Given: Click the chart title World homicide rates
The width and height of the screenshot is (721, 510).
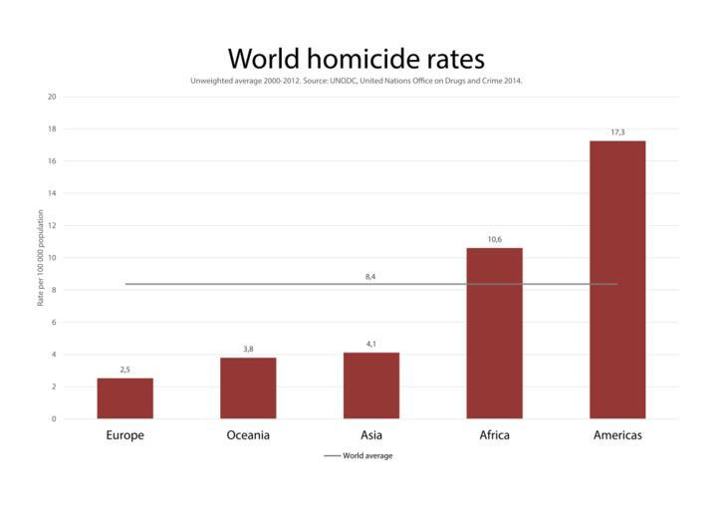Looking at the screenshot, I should [x=357, y=57].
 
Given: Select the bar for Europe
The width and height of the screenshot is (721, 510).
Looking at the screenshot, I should [x=124, y=398].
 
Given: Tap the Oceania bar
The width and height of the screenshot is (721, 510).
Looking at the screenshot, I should [x=248, y=387].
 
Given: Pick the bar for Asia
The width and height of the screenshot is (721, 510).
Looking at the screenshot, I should [x=370, y=385].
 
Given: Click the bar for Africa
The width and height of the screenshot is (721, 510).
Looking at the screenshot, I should [x=494, y=333].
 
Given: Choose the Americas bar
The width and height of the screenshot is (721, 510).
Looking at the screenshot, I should [x=617, y=279].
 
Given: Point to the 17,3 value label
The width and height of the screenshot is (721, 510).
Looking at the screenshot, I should [x=617, y=131].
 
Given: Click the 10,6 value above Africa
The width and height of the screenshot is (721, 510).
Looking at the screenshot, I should [x=494, y=239].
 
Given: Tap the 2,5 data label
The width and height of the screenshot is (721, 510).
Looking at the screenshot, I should [x=124, y=370].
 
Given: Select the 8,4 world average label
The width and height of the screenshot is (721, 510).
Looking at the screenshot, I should [x=370, y=276].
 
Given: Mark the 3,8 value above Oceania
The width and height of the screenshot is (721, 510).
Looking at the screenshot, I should [x=248, y=349].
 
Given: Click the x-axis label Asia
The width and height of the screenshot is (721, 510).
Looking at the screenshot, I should [x=370, y=435].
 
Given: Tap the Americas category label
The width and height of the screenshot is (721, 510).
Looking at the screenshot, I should [x=617, y=435].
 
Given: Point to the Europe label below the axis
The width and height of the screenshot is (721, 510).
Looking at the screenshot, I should [x=124, y=435].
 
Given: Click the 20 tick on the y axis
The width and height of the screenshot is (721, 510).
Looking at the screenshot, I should [x=52, y=97].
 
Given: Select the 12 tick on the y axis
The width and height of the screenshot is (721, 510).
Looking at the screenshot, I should [x=52, y=225].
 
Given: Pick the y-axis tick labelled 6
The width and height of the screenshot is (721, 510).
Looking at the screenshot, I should [x=54, y=322].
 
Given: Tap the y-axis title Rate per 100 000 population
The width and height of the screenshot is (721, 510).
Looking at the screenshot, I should [x=41, y=257].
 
